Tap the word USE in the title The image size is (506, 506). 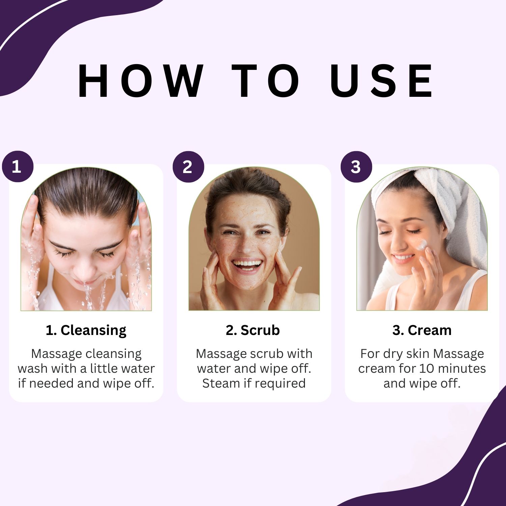382,81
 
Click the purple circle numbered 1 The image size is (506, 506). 18,167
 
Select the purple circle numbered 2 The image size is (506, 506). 188,167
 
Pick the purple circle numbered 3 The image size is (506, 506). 356,167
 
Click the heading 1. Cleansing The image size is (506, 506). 86,330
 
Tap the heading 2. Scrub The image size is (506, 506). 253,330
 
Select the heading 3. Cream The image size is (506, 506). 422,330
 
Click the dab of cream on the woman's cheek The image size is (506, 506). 422,245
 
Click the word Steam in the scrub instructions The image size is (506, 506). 219,383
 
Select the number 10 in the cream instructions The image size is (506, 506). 426,368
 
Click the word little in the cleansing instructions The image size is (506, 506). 105,368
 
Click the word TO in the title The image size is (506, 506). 266,81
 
